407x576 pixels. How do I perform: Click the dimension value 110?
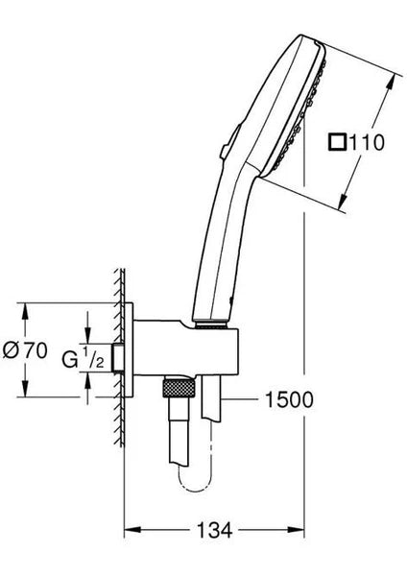tap(367, 143)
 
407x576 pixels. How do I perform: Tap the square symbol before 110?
tap(337, 143)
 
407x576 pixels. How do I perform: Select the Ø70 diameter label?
tap(26, 350)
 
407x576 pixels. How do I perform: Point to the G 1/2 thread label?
tap(83, 361)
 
